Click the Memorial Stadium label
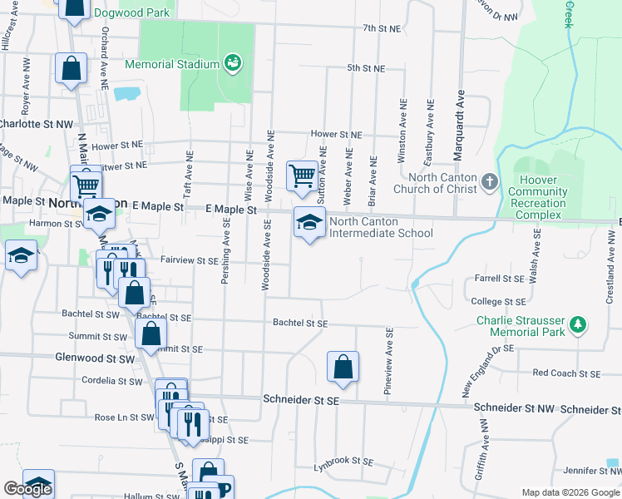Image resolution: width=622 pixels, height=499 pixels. (172, 64)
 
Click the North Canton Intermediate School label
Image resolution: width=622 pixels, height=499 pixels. (381, 227)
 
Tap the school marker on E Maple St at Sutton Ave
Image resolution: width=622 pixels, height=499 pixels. (309, 223)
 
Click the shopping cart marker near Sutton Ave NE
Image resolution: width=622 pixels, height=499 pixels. (302, 176)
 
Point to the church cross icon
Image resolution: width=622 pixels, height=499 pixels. (491, 180)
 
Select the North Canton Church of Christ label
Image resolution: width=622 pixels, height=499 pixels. (442, 183)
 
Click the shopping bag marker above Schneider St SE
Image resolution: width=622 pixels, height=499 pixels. (343, 367)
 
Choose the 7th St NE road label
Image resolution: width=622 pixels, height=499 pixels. (382, 28)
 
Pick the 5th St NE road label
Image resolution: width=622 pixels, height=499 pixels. (366, 68)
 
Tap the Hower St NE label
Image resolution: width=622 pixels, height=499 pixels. (336, 134)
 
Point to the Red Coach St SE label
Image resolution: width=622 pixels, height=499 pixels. (565, 373)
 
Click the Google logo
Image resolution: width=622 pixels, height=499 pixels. (27, 489)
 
